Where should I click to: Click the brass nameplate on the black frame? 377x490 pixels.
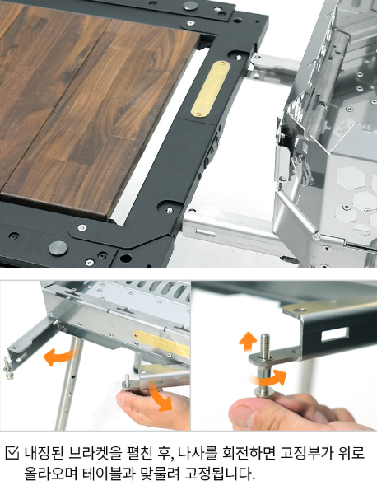[x=211, y=89]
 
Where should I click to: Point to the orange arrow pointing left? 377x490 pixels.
[x=59, y=357]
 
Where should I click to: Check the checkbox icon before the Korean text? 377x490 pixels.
[x=12, y=453]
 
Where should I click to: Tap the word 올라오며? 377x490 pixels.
[x=51, y=474]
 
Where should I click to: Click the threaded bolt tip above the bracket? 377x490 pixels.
[x=265, y=344]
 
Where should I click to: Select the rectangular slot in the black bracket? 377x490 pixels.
[x=334, y=334]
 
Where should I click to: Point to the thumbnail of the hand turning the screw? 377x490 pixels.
[x=284, y=356]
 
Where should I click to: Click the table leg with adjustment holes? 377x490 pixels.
[x=69, y=384]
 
